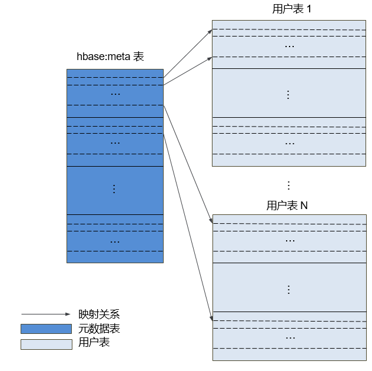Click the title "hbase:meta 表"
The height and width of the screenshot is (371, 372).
pos(110,57)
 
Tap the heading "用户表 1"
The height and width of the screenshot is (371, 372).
pos(291,9)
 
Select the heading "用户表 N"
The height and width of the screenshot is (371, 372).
pos(287,206)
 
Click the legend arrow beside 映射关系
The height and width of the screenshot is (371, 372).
pos(46,314)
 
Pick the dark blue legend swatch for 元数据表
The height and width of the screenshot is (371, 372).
pos(46,329)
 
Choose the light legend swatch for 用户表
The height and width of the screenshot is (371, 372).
pos(46,344)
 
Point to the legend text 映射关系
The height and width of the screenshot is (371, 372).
pos(99,314)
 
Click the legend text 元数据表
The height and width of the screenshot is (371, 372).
pos(99,329)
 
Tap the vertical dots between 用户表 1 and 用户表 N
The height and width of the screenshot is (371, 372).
pos(289,185)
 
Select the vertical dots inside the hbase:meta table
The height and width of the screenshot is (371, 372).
pos(114,189)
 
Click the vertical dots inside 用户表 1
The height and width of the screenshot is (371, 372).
pos(288,95)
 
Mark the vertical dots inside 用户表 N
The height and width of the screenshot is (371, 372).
pos(289,290)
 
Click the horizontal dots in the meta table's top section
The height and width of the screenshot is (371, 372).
pos(115,94)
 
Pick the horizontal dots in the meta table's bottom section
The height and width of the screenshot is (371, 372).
pos(115,242)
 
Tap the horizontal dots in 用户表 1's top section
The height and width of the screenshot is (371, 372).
pos(290,47)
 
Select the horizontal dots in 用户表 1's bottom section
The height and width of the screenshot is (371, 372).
pos(290,144)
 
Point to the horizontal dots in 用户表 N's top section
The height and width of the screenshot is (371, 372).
pos(290,241)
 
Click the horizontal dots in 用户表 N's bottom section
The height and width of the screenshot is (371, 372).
pos(290,338)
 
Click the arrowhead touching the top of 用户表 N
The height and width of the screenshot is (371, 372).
pos(211,221)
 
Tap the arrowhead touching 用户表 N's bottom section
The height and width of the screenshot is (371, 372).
pos(211,318)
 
